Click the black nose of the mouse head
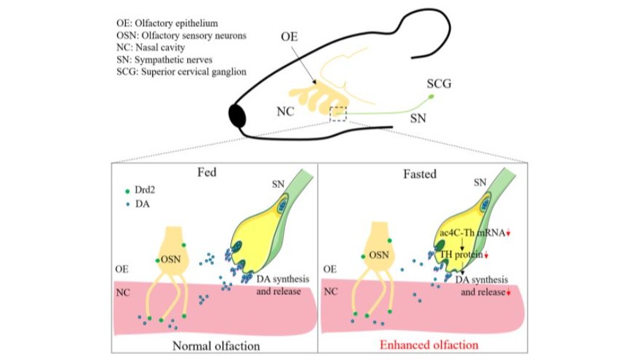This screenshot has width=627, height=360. coord(239,116)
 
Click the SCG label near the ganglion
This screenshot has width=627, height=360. coord(438,83)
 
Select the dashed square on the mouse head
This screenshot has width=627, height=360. coord(339,113)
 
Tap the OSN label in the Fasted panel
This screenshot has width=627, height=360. coord(378,255)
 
